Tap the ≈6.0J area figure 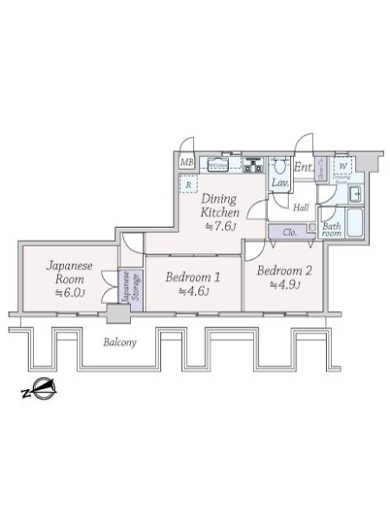[x=68, y=293]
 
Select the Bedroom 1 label [x=192, y=277]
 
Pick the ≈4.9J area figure [x=283, y=283]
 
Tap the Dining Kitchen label [x=219, y=205]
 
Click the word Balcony [x=120, y=342]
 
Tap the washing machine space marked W [x=342, y=166]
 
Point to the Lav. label [x=281, y=184]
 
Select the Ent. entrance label [x=302, y=166]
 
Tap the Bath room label [x=332, y=231]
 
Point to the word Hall [x=301, y=208]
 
